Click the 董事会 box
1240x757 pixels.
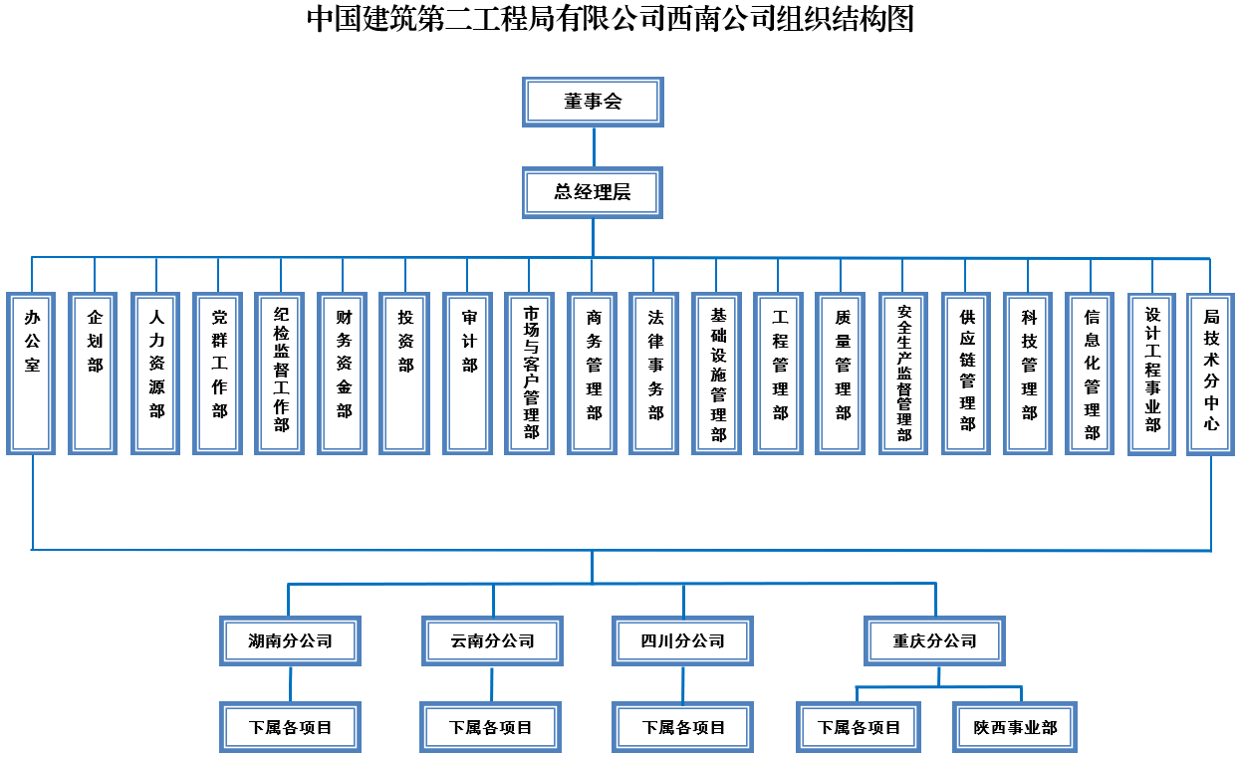click(593, 102)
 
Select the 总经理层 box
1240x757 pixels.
click(593, 192)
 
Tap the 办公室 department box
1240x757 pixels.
click(32, 374)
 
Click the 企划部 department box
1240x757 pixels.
click(94, 374)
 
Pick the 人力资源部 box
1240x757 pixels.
click(156, 374)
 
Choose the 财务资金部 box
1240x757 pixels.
click(343, 374)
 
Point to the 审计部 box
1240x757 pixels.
click(468, 374)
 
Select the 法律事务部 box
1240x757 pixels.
click(654, 374)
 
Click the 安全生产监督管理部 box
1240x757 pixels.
click(903, 374)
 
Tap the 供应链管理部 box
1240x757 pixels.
click(966, 374)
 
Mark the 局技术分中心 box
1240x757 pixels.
click(1211, 374)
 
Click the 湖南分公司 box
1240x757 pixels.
click(290, 640)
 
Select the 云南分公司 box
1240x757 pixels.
click(492, 640)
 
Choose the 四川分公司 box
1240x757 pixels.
click(683, 640)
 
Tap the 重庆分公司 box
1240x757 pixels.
click(935, 640)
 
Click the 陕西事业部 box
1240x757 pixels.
click(1015, 727)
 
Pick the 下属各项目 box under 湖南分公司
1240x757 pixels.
click(290, 727)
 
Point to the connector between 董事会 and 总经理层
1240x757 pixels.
click(594, 146)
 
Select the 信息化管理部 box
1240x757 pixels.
click(1091, 374)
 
